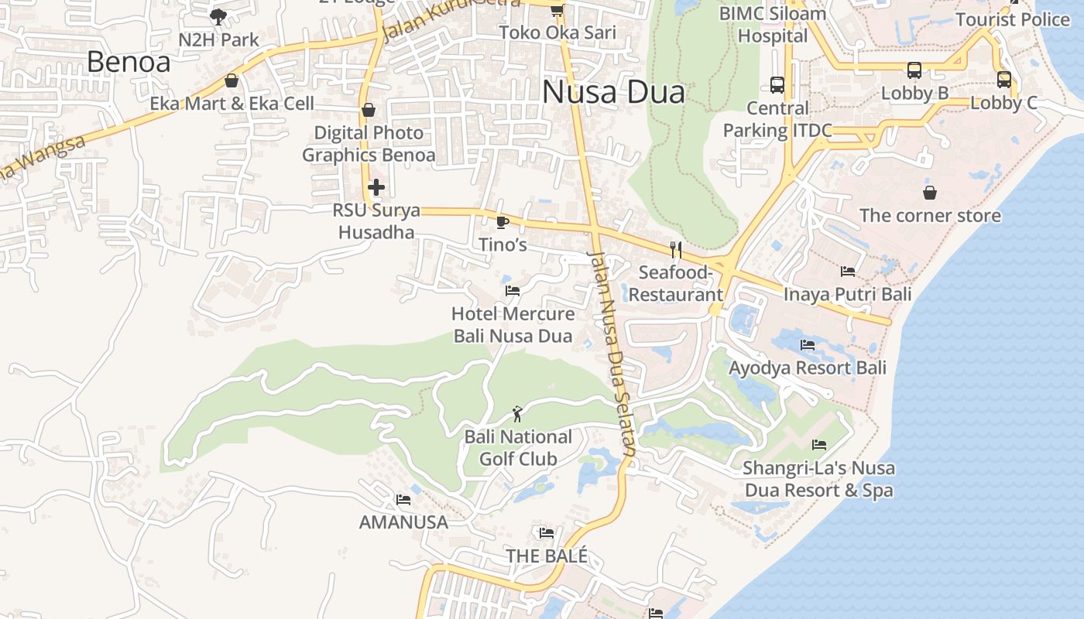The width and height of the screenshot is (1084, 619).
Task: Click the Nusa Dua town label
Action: coord(613,92)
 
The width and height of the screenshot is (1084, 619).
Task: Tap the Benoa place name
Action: coord(129,61)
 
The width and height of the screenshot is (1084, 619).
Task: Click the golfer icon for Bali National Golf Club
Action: coord(518,414)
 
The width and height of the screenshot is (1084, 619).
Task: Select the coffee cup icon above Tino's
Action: coord(503,223)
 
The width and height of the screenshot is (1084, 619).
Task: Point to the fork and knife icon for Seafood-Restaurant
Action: coord(676,249)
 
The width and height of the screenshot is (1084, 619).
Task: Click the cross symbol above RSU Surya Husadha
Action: coord(376,187)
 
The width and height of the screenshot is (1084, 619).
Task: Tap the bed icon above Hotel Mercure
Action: coord(512,291)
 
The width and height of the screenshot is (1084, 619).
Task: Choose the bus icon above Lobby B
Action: coord(914,70)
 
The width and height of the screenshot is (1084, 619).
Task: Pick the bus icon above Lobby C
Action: coord(1004,79)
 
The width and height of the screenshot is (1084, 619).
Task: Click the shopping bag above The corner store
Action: coord(929,192)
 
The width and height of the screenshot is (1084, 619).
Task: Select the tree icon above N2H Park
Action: coord(218,16)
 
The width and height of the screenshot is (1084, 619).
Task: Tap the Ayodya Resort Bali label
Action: coord(808,368)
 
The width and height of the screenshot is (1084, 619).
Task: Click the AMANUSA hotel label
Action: coord(403,522)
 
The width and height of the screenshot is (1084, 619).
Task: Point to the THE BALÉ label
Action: coord(547,556)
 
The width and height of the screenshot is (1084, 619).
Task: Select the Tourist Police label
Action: coord(1012,19)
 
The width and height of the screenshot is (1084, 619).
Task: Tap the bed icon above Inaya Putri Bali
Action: coord(848,272)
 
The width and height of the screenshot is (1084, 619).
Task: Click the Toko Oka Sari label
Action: coord(557,32)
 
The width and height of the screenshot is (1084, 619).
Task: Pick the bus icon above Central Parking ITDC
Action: coord(777,85)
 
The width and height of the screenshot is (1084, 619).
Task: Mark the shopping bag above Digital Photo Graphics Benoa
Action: coord(369,110)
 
